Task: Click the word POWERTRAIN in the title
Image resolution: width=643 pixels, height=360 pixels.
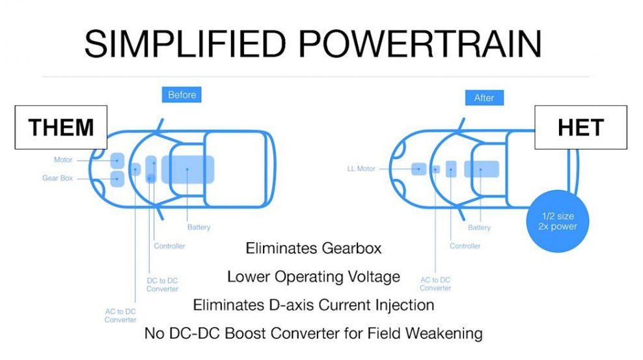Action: (420, 44)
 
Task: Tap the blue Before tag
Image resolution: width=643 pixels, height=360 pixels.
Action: (182, 94)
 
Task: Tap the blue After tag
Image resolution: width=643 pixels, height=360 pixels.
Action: (484, 98)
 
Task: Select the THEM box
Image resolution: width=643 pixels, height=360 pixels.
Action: (61, 127)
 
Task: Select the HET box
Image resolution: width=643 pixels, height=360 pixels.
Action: (581, 127)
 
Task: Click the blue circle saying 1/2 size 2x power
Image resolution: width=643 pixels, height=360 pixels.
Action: (558, 221)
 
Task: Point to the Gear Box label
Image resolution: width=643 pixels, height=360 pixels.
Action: (57, 178)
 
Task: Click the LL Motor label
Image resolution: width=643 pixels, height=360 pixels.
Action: (361, 169)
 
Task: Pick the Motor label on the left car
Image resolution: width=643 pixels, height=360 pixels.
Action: (63, 160)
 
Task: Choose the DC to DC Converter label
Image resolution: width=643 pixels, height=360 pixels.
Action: (163, 284)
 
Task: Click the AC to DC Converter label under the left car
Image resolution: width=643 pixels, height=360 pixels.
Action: (120, 316)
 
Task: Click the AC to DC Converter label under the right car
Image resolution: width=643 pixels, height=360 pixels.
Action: (435, 284)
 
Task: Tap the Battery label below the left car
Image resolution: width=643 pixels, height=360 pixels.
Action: (199, 227)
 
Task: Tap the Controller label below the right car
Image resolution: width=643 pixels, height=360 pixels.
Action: (465, 246)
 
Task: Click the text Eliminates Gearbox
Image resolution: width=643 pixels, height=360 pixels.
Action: (314, 248)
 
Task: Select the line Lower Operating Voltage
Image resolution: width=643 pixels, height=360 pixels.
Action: (314, 277)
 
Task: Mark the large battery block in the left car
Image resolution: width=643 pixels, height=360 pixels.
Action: (188, 169)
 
